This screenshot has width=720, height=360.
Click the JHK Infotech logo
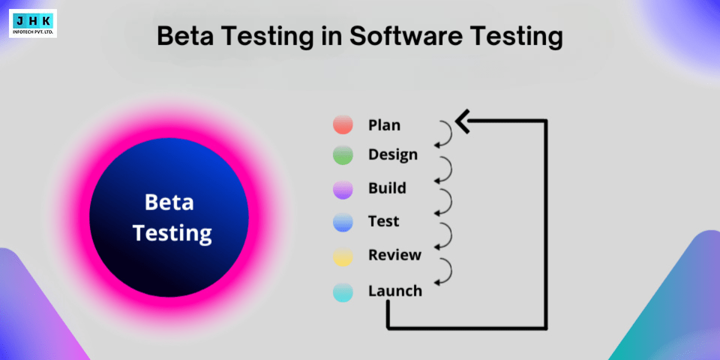(x=33, y=23)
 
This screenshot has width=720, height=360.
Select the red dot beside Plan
(x=343, y=125)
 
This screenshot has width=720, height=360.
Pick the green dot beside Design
(x=343, y=155)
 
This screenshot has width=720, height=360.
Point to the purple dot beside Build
(x=343, y=189)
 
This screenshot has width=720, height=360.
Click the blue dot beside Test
(x=343, y=223)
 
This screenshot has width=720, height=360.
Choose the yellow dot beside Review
(x=343, y=257)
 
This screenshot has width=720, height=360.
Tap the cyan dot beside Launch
(x=343, y=292)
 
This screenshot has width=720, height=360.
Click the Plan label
(x=384, y=125)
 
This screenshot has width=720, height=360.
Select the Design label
(x=393, y=155)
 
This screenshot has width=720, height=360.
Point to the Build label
(x=387, y=188)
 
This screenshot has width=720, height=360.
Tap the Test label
(x=383, y=221)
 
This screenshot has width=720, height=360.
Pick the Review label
(x=395, y=255)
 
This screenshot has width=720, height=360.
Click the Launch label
(x=395, y=291)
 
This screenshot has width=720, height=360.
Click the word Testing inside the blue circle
(x=172, y=232)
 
